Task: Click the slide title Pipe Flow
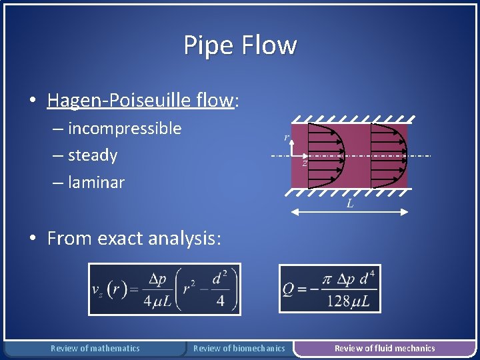240,45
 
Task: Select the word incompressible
125,129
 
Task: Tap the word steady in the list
93,155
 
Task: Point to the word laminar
96,182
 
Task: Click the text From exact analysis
133,238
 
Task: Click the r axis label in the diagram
287,138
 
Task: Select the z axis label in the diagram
305,163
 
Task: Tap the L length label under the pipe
350,204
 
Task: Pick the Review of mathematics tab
95,348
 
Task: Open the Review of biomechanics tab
239,348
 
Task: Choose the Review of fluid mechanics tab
385,348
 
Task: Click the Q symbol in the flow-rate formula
289,290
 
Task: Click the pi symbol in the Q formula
327,279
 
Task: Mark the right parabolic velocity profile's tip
406,155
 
